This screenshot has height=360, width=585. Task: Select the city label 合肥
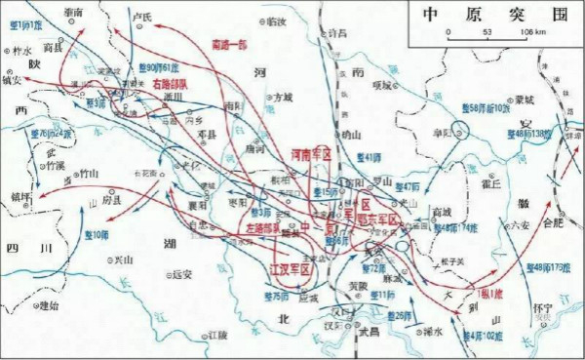tap(552, 222)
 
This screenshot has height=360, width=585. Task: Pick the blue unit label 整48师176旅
tap(552, 266)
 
